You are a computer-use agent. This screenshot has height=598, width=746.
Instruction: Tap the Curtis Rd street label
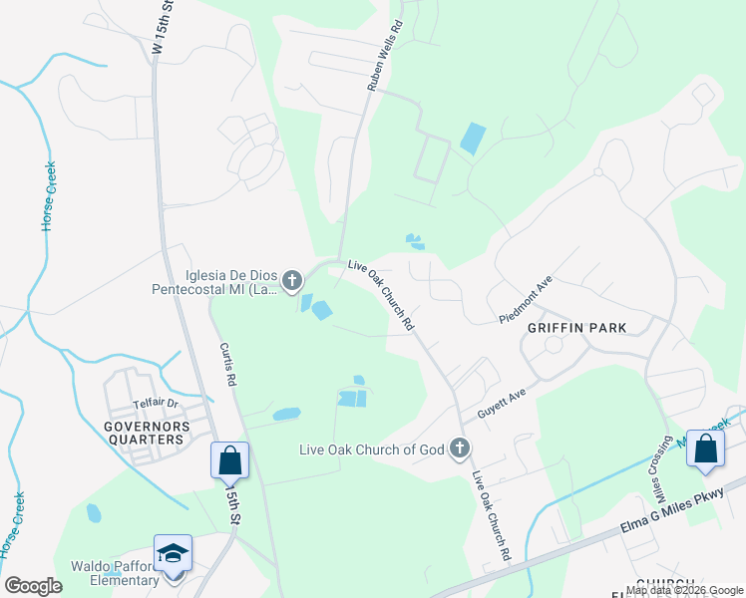tap(228, 365)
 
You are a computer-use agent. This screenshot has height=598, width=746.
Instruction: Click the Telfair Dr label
tap(155, 405)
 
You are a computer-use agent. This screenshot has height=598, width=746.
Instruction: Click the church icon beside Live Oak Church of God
tap(460, 448)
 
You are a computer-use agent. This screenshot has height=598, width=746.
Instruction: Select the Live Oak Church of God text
tap(371, 449)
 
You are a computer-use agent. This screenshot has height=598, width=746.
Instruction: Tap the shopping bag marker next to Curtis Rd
tap(229, 460)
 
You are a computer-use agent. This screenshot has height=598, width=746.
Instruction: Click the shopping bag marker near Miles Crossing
tap(705, 449)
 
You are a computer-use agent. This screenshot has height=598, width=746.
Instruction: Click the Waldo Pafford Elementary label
tap(115, 573)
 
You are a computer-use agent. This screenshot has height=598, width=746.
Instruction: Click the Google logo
tap(33, 585)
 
